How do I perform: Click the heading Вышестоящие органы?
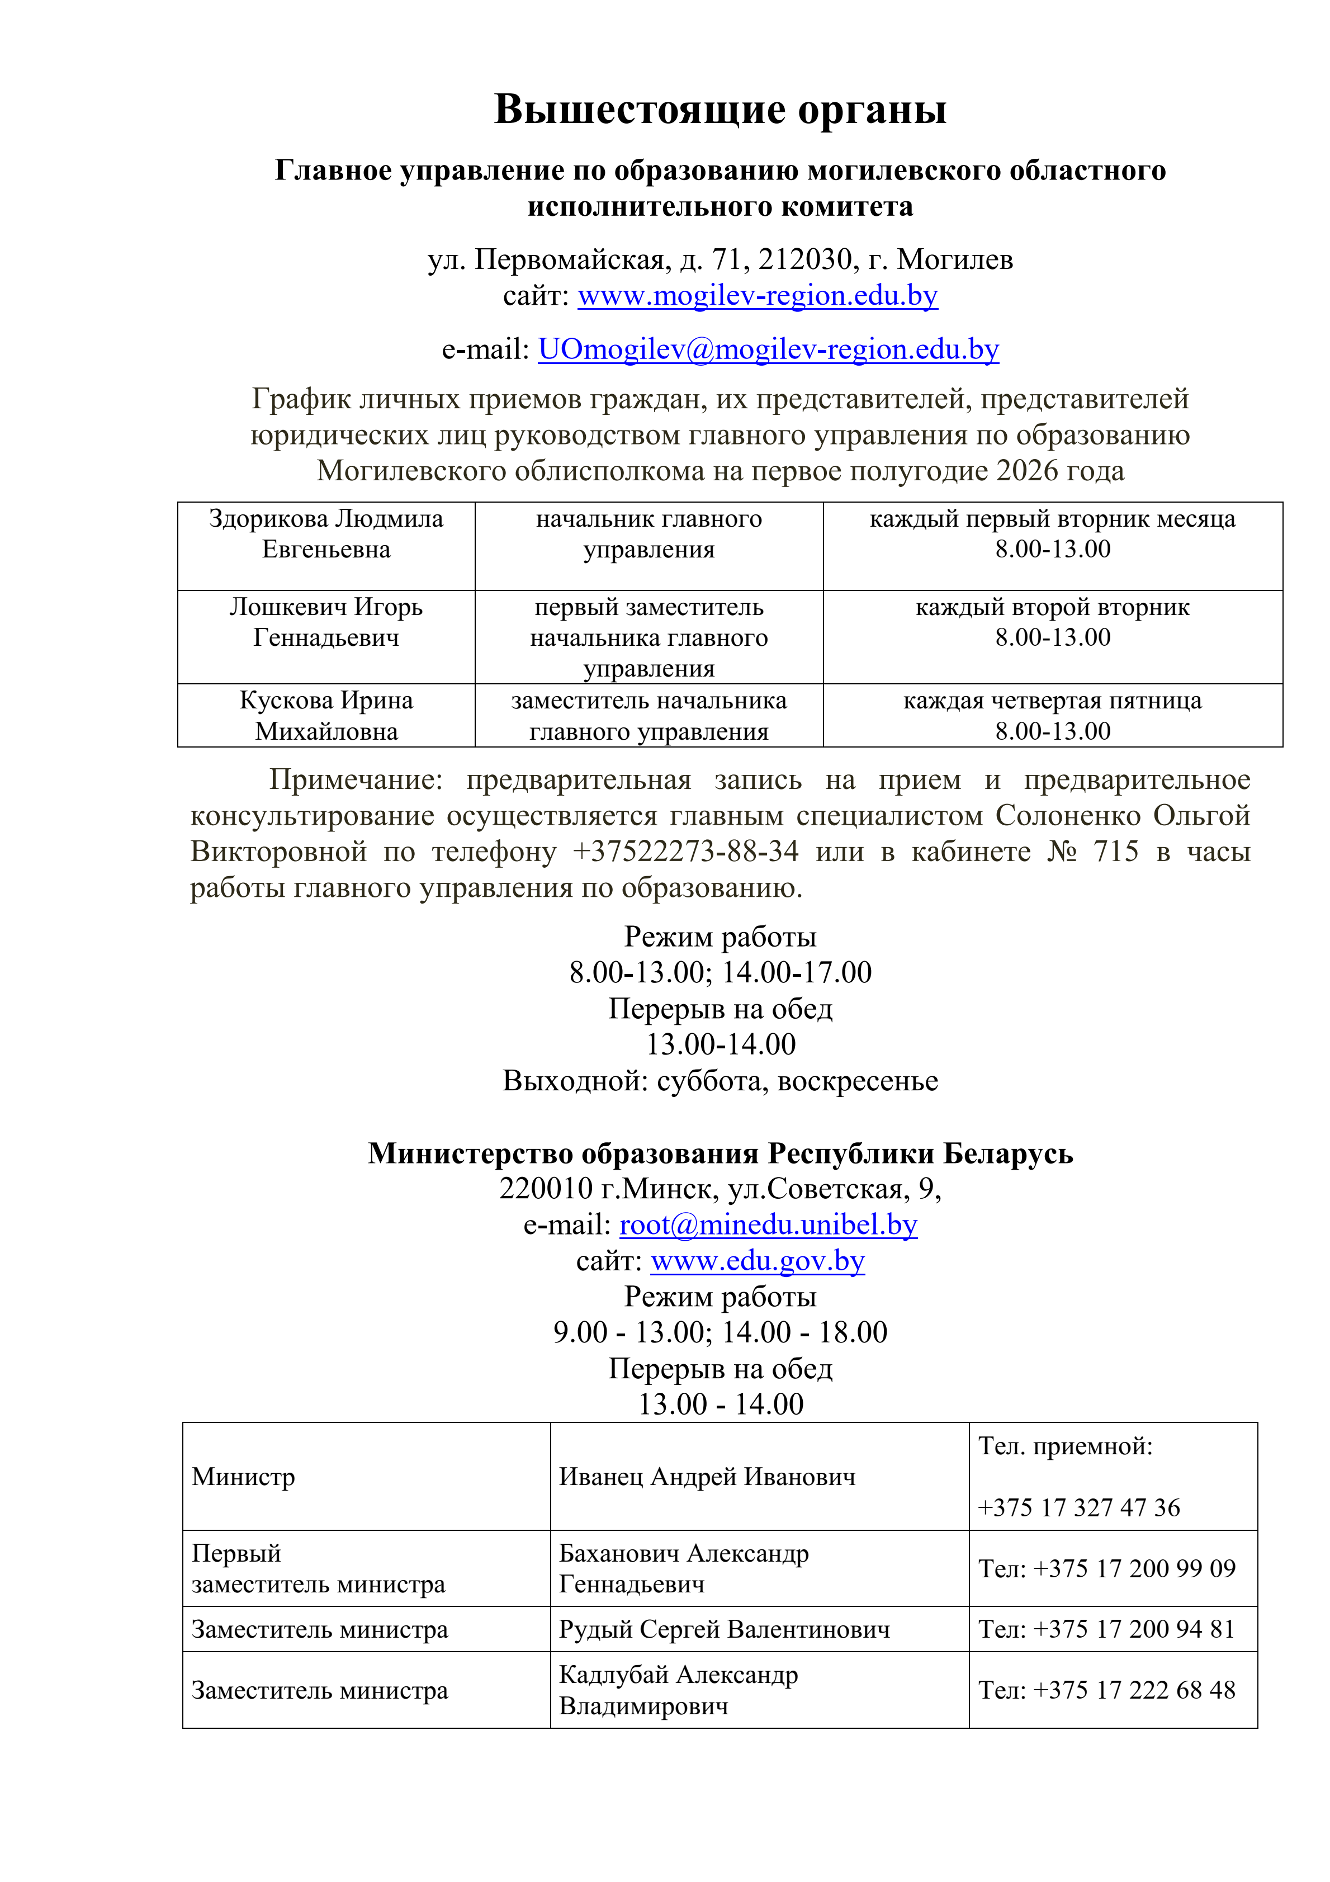720,109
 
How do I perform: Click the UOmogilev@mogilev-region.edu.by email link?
768,349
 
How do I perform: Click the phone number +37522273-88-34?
685,852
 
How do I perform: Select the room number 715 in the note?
1115,852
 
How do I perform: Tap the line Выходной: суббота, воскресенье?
720,1081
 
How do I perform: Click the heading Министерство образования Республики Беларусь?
720,1153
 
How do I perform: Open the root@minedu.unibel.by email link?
768,1224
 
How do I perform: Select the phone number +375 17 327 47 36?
1078,1507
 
